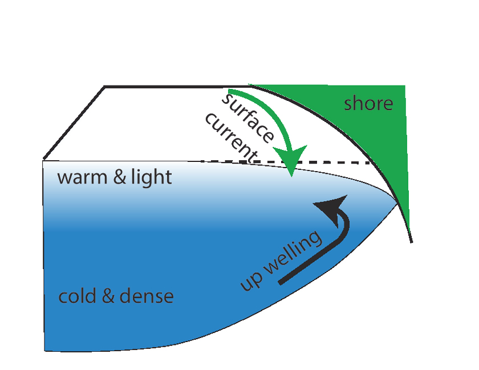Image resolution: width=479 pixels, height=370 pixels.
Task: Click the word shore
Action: point(369,104)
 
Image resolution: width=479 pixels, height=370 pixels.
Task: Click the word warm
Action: point(81,177)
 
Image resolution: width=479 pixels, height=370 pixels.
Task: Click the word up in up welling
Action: point(249,281)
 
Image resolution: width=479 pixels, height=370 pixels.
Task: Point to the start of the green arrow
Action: point(229,91)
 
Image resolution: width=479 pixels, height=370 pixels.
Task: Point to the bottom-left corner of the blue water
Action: point(46,349)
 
